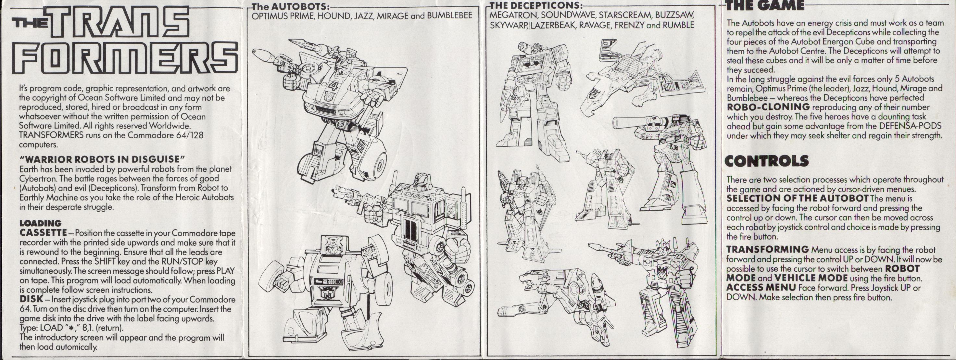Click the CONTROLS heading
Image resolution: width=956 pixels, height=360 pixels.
[767, 161]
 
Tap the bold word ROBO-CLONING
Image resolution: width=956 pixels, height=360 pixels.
[768, 107]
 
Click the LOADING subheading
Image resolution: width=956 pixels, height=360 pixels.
[40, 223]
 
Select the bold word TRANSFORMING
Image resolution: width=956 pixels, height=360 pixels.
[767, 249]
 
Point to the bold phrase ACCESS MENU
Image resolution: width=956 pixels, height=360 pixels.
[761, 288]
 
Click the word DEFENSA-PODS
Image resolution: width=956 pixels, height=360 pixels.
[917, 126]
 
